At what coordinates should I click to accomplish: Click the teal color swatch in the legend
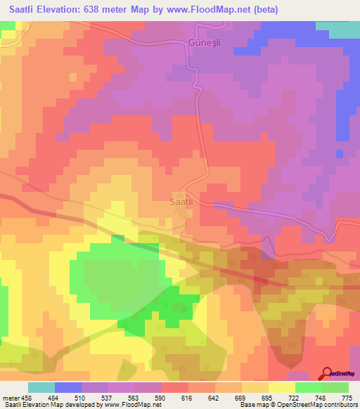pyautogui.click(x=41, y=388)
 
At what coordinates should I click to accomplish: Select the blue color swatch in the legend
pyautogui.click(x=68, y=388)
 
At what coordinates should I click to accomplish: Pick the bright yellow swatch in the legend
pyautogui.click(x=281, y=388)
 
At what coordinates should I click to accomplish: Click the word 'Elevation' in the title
pyautogui.click(x=55, y=10)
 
